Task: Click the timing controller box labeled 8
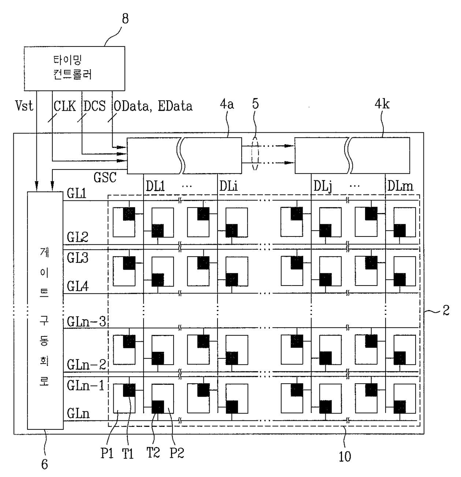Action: (74, 68)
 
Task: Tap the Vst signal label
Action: (24, 106)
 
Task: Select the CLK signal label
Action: (65, 106)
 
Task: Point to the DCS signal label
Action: (94, 106)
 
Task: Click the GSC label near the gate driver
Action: (105, 177)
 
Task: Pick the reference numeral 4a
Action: (227, 105)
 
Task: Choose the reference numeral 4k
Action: (382, 105)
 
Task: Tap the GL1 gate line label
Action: (77, 194)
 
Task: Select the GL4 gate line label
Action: (77, 286)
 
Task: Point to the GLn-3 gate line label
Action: (86, 322)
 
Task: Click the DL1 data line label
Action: (155, 186)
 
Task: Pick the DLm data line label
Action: (400, 186)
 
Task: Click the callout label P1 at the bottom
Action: (107, 453)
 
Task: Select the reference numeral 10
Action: (345, 456)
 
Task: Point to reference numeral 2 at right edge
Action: (445, 310)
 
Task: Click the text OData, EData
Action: (153, 106)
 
